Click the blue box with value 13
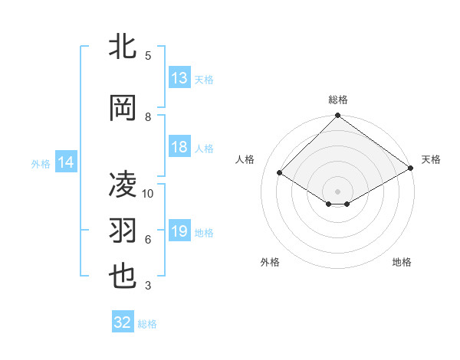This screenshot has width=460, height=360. click(x=179, y=78)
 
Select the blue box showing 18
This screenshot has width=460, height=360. click(x=179, y=147)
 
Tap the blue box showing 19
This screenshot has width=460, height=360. click(x=179, y=231)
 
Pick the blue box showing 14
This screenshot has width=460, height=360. click(x=66, y=162)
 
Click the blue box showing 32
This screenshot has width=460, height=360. click(x=123, y=323)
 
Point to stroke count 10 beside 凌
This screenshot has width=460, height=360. click(x=148, y=194)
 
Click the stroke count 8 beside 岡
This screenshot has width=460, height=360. click(x=148, y=117)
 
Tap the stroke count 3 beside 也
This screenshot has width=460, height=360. click(x=148, y=286)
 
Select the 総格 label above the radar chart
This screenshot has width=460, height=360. click(x=338, y=100)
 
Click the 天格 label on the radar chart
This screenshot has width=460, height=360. click(x=431, y=159)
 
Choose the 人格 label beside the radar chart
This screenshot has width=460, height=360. click(x=245, y=159)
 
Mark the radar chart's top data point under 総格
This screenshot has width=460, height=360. click(x=338, y=117)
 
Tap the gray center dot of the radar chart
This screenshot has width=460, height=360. click(x=338, y=191)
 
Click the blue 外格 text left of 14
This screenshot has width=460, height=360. click(x=41, y=163)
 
